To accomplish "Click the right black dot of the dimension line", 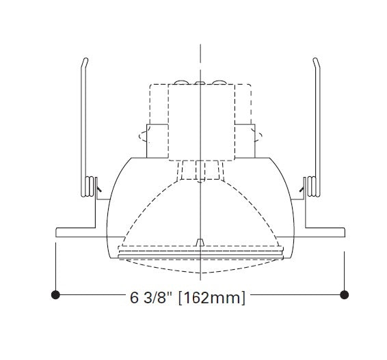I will pos(345,294).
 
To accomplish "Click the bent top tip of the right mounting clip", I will pos(315,62).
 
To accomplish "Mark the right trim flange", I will pos(321,232).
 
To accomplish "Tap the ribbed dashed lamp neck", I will pos(199,169).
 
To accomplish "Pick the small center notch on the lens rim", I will pos(199,242).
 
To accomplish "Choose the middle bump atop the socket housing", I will pos(199,83).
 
